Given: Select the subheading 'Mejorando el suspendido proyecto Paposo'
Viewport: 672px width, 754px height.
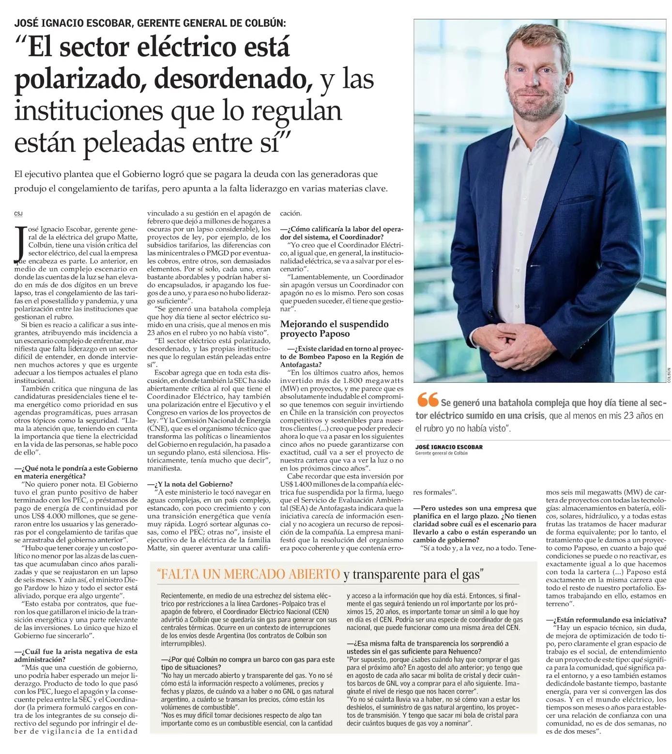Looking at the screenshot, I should [334, 329].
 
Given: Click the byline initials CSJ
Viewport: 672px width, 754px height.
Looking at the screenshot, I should [18, 214].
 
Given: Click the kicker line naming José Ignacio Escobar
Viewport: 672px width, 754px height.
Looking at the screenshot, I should [150, 23].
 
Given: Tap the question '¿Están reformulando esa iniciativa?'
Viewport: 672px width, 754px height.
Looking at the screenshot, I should [608, 620].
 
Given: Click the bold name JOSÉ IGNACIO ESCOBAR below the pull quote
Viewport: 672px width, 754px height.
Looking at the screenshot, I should [449, 447].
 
